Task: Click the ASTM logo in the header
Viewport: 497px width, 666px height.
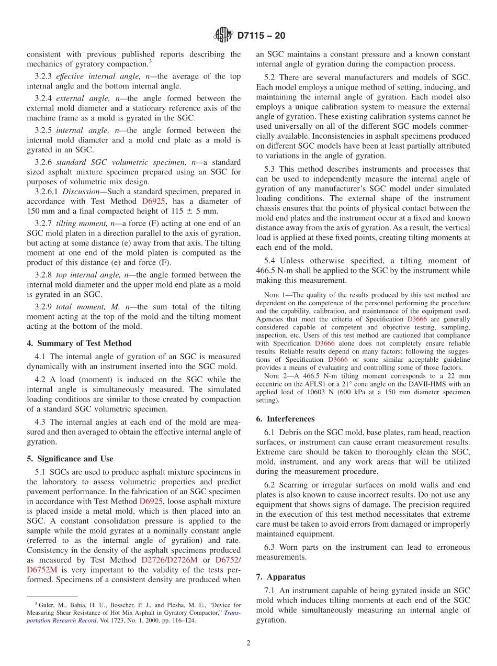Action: (223, 36)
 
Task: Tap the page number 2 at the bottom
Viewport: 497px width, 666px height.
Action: (249, 643)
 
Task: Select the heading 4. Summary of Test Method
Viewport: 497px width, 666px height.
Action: (79, 343)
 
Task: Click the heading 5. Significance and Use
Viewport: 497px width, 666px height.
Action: (70, 459)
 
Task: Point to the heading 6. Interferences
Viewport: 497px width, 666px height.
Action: (285, 419)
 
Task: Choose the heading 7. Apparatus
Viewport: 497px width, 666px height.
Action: (280, 577)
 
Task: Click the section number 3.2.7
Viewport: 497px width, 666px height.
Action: (43, 224)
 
